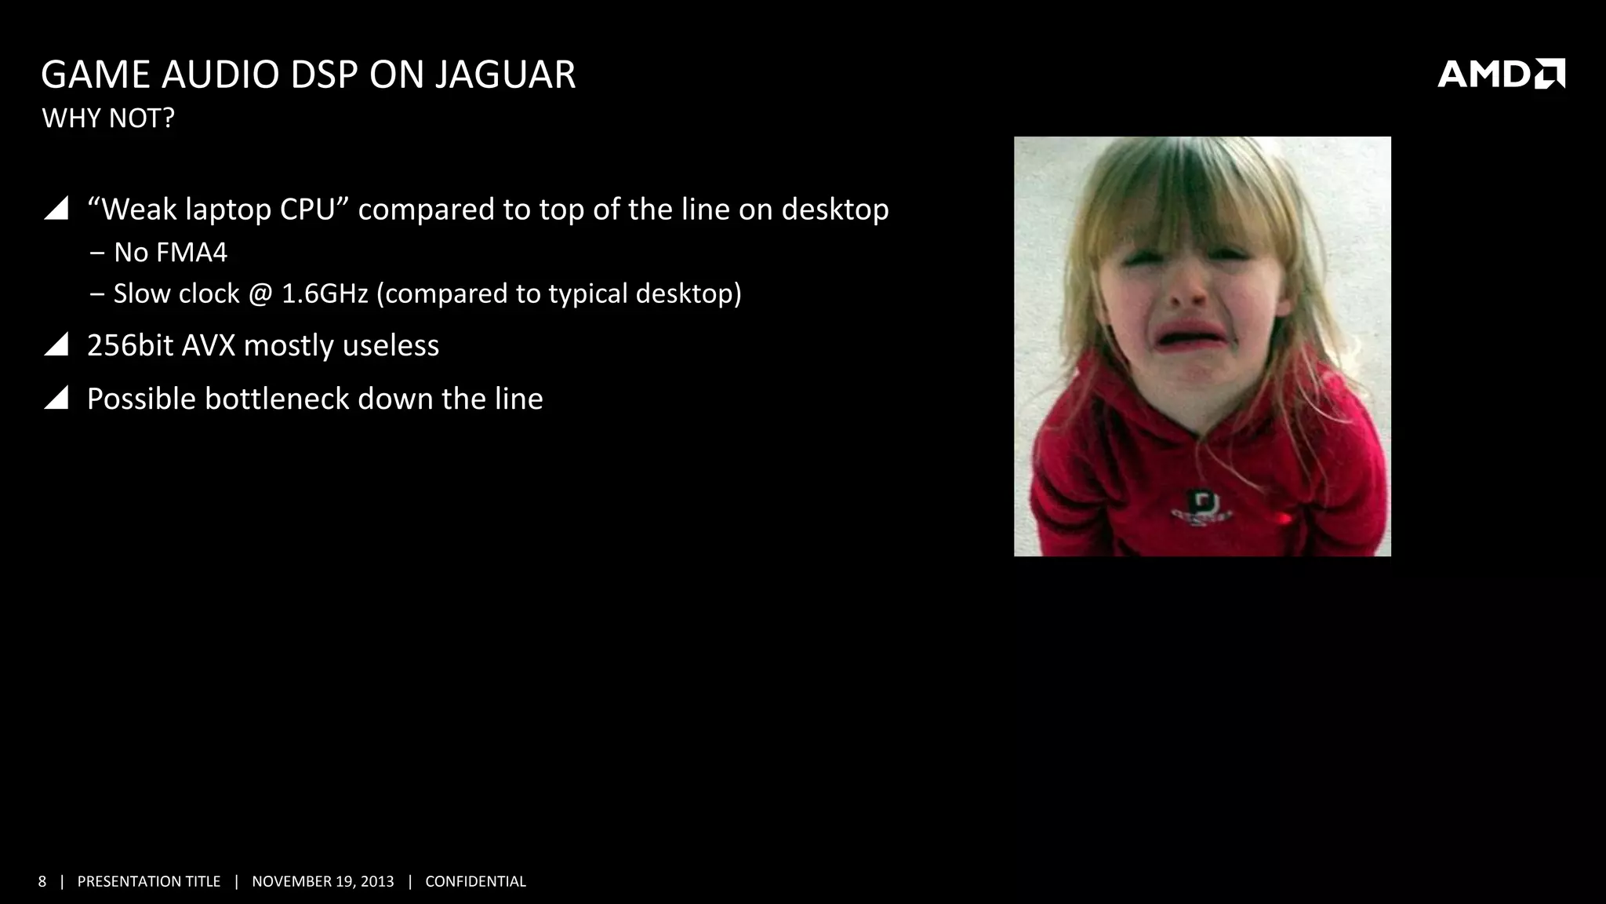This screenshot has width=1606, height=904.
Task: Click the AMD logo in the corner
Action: point(1500,74)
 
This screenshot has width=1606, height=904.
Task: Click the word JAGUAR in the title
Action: point(505,75)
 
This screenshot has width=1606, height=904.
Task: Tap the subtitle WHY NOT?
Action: point(108,118)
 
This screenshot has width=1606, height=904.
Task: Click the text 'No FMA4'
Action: point(170,253)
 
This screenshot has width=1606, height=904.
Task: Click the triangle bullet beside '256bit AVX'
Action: point(56,344)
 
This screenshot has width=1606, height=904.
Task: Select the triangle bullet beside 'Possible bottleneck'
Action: point(56,398)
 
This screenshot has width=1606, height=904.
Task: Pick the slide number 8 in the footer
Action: point(42,881)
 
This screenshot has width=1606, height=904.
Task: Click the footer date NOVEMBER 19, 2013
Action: point(323,881)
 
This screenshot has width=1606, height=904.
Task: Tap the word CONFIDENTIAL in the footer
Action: point(475,881)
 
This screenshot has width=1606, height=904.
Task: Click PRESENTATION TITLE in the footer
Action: point(149,881)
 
